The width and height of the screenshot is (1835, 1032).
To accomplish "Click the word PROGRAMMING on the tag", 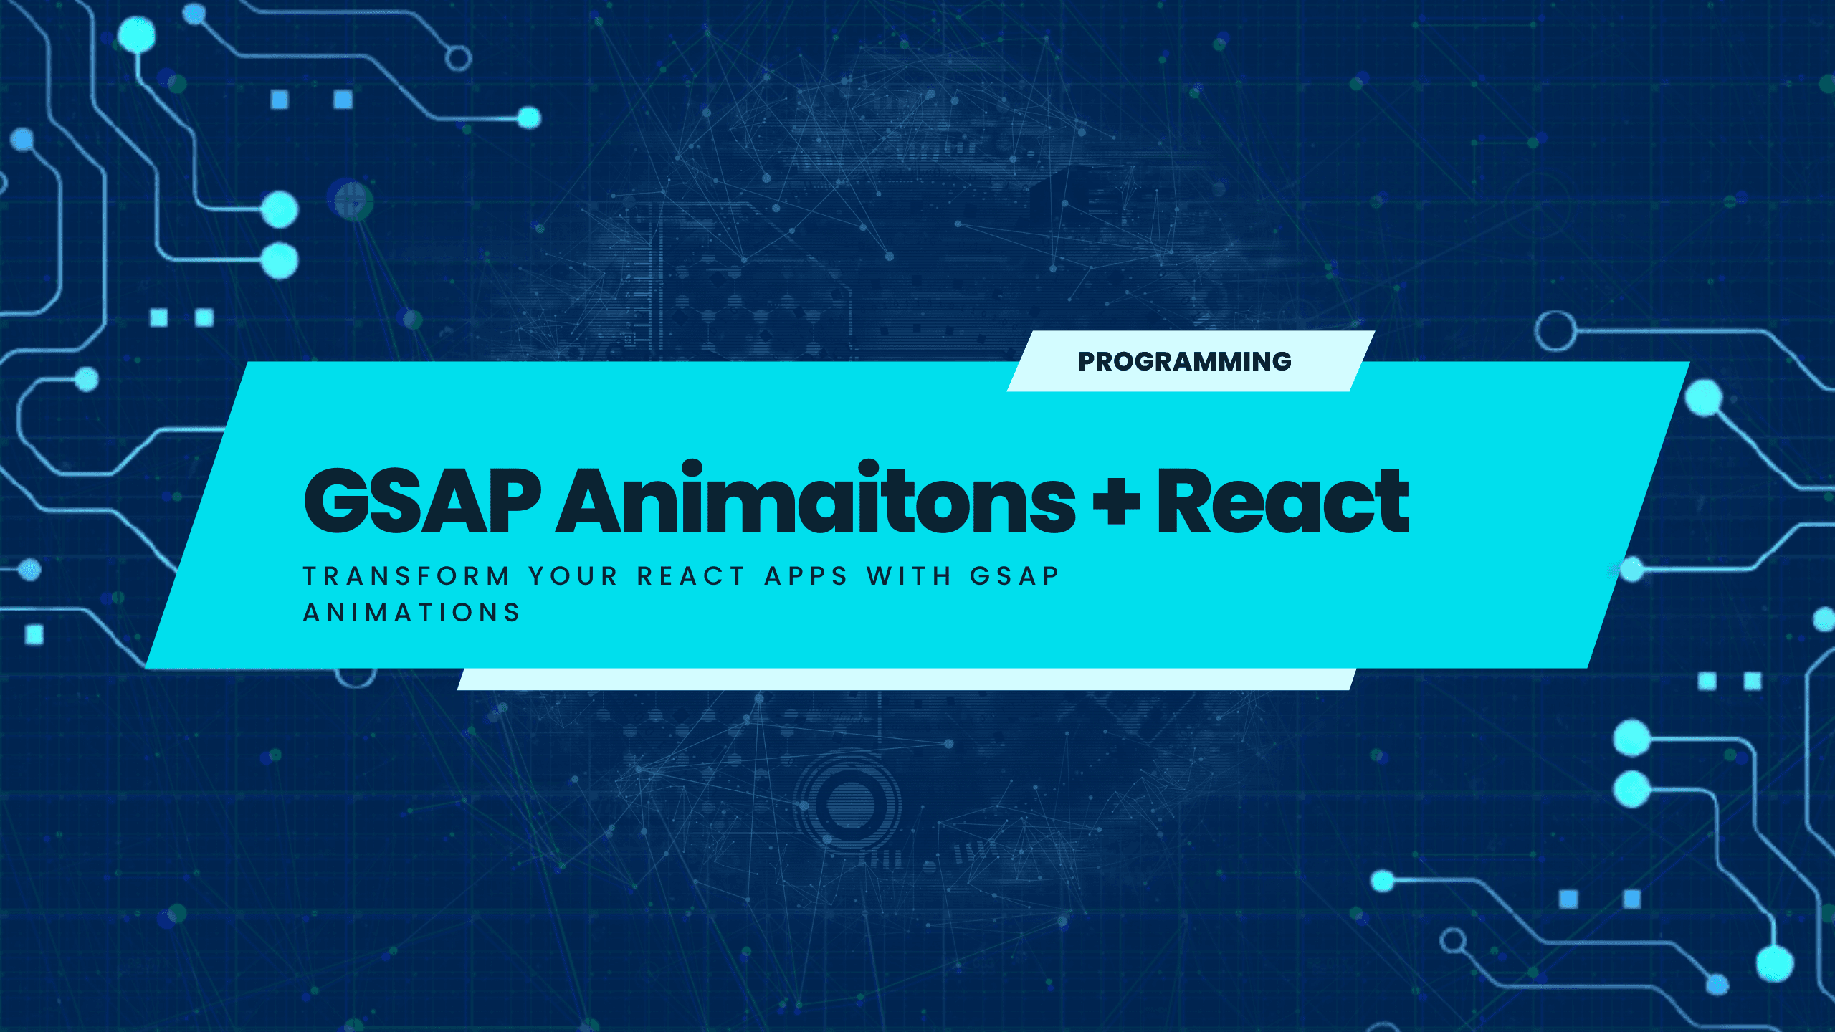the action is coord(1185,361).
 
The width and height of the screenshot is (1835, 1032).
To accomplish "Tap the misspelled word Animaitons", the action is coord(816,497).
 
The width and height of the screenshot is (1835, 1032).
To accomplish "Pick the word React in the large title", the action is coord(1283,500).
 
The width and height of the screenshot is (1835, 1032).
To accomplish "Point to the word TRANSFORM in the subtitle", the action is coord(406,576).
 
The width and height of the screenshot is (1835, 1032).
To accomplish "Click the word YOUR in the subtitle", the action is coord(573,576).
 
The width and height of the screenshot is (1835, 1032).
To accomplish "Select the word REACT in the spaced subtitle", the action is coord(692,576).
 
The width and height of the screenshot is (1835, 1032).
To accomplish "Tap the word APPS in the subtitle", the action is coord(806,576).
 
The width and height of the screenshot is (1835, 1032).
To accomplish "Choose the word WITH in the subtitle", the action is coord(909,576).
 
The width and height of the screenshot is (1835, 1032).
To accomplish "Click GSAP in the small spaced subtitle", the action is coord(1014,576).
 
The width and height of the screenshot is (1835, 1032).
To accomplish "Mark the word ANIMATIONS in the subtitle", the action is coord(411,613).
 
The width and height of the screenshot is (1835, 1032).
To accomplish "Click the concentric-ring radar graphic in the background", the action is coord(850,801).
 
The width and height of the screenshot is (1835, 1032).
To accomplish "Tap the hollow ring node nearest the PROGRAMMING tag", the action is coord(1555,331).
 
